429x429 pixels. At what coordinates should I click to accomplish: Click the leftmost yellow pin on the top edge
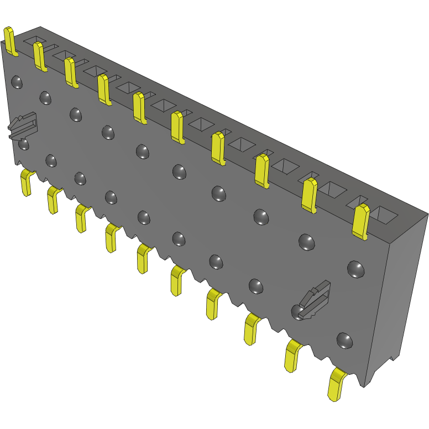tap(11, 41)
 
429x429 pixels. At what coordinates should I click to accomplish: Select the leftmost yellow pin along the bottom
tap(25, 182)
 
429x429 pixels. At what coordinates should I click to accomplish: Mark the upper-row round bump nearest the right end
tap(356, 269)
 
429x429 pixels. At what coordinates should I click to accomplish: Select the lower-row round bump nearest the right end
tap(344, 340)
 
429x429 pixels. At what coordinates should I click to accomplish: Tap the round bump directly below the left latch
tap(24, 144)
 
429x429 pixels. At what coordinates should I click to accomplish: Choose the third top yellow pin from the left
tap(71, 72)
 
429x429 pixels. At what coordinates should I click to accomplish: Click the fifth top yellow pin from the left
tap(139, 108)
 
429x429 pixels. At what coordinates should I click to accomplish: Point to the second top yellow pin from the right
tap(310, 195)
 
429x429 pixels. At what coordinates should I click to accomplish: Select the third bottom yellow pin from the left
tap(82, 218)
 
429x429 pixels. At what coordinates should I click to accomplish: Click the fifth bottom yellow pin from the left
tap(144, 258)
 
